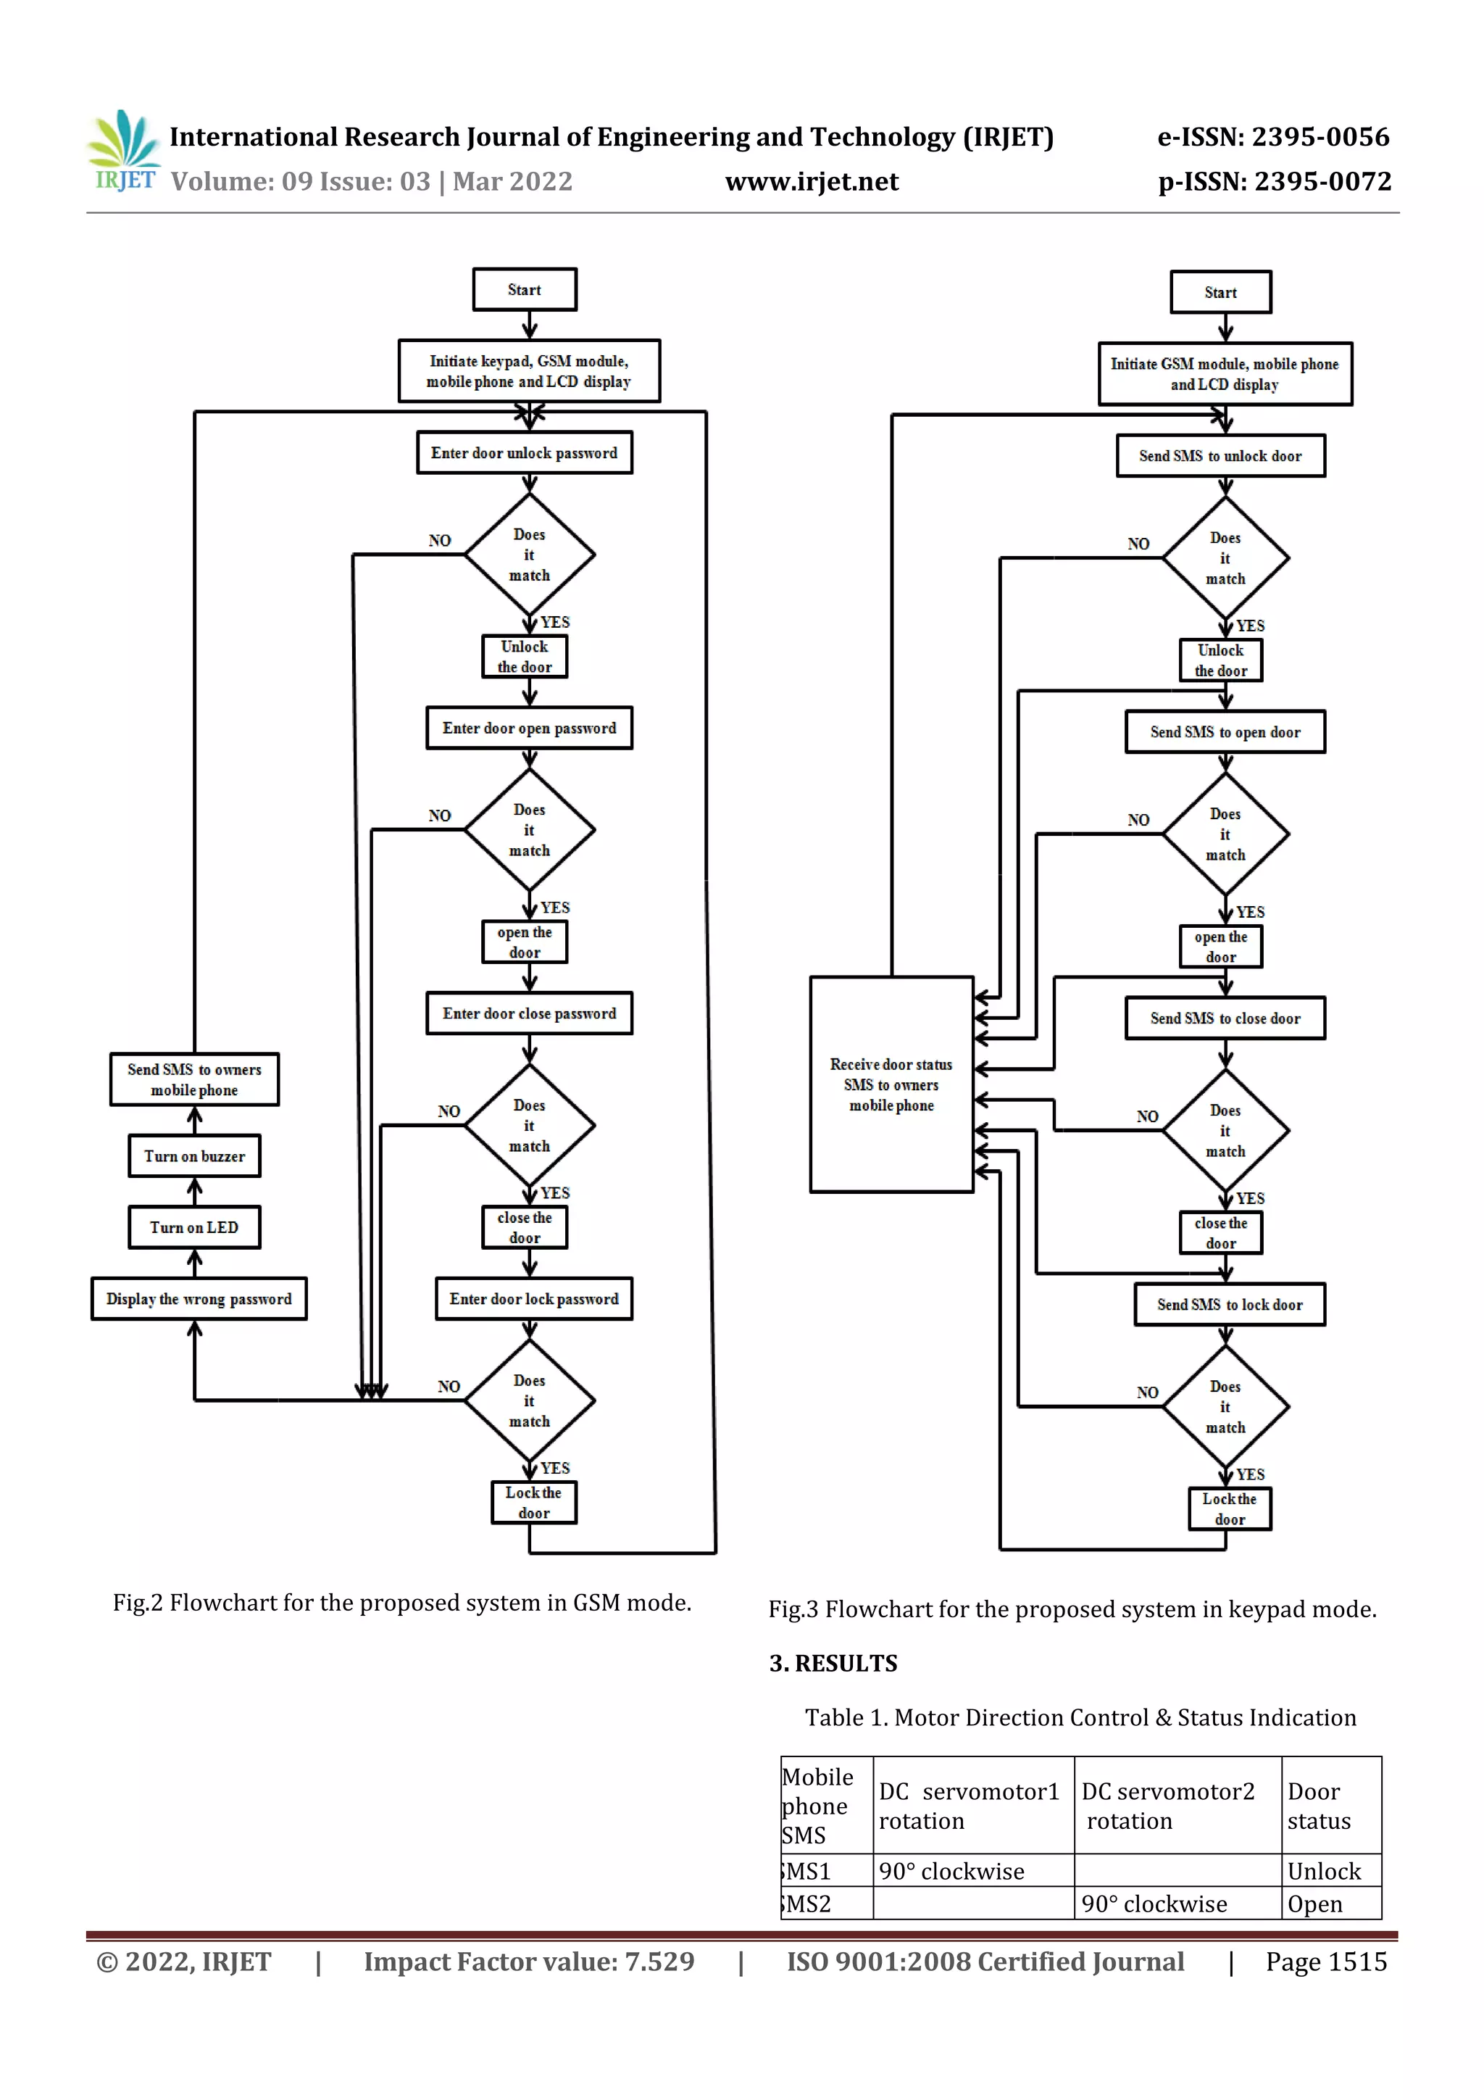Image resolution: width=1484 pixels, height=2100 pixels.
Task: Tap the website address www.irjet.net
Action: (812, 182)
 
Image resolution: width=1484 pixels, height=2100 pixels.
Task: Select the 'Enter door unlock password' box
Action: (525, 453)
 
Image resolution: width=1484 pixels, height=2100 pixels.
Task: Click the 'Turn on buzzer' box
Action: (195, 1156)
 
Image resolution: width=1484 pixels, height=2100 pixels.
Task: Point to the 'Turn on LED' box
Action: (195, 1227)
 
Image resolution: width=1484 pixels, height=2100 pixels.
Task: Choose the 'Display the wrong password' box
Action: (199, 1299)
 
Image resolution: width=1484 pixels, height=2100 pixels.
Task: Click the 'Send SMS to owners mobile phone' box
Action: (195, 1079)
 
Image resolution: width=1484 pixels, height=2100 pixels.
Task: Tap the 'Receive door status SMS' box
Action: (891, 1084)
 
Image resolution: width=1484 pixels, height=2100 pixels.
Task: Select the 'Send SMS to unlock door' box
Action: (1221, 455)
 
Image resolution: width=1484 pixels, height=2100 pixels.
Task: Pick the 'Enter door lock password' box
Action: (534, 1299)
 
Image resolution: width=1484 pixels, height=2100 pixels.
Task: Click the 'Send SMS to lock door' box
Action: (1230, 1304)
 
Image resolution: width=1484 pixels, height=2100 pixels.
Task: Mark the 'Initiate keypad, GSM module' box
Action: (530, 371)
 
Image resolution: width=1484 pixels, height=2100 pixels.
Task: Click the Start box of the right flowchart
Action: (1221, 293)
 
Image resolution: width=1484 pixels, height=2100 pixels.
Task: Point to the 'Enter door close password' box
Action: (530, 1013)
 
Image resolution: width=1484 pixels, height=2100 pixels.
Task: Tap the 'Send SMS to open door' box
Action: (1225, 731)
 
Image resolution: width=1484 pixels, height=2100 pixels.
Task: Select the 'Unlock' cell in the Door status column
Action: (1324, 1872)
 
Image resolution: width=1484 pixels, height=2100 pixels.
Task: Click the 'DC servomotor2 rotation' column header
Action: (1169, 1806)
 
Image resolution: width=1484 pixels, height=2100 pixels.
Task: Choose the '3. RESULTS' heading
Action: (833, 1663)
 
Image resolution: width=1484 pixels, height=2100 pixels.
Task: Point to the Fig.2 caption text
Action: (402, 1603)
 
